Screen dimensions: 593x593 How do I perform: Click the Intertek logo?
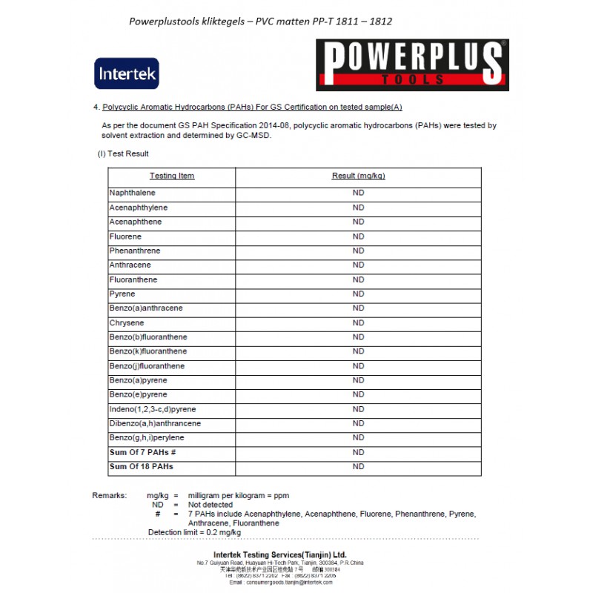coord(126,73)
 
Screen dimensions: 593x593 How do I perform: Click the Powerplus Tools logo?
coord(412,65)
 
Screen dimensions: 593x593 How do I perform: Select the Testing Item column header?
coord(172,176)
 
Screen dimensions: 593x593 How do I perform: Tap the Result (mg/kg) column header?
coord(358,176)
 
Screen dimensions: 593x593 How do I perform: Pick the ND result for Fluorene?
coord(358,236)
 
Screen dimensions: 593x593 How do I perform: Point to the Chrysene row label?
coord(127,323)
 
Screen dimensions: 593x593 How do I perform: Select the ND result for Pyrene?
coord(358,294)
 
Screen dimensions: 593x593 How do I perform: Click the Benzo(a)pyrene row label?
coord(138,380)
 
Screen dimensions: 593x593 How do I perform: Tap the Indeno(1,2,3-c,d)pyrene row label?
coord(152,409)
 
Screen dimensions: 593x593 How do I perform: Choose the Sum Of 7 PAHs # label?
coord(142,452)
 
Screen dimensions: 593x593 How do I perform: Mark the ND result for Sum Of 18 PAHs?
coord(358,466)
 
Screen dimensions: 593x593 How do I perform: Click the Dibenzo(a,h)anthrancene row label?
coord(155,423)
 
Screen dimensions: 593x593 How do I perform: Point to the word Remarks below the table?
coord(110,494)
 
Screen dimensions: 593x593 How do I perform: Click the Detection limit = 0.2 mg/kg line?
coord(194,532)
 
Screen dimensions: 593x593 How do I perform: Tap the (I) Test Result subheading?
coord(123,153)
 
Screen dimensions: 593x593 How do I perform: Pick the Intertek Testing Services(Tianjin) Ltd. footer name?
coord(279,554)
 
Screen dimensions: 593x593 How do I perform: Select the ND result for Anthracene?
coord(358,265)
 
